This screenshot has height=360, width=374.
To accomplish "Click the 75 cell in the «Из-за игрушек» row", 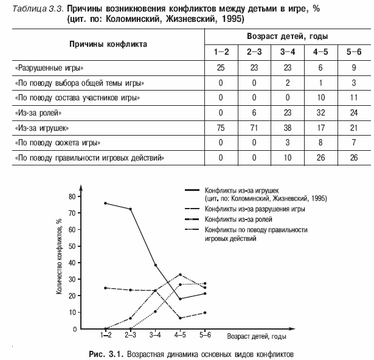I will tap(221, 128).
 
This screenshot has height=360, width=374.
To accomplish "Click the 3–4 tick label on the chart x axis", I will tap(155, 335).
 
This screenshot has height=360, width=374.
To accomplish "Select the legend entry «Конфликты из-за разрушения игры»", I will tap(254, 209).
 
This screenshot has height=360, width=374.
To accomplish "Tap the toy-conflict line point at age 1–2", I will tap(106, 203).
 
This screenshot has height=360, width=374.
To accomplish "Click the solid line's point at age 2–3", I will tap(130, 209).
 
